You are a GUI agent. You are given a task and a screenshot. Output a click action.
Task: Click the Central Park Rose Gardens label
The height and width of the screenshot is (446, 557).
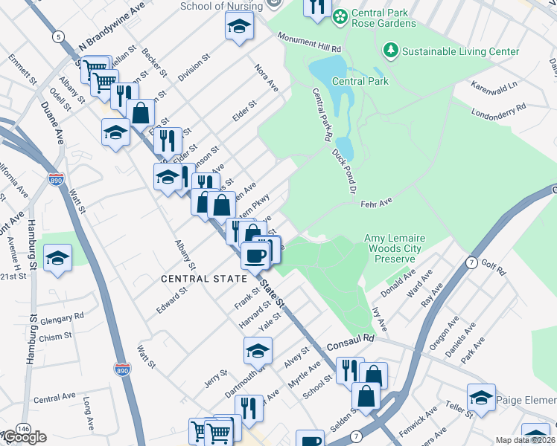coord(383,18)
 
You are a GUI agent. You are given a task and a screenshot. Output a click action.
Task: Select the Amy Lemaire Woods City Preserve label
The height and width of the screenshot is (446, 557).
coord(393,248)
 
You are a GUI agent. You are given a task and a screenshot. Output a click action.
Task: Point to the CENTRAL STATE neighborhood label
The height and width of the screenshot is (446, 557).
coord(204,279)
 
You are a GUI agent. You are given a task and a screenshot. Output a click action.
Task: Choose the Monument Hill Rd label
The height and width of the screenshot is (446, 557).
coord(309,42)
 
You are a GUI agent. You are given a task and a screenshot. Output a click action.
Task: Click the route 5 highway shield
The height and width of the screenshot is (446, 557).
coord(57,35)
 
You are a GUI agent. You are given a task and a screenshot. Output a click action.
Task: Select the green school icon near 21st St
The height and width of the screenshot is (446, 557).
coord(57,259)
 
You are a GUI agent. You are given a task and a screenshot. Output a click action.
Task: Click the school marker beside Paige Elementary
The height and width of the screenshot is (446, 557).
coord(481,398)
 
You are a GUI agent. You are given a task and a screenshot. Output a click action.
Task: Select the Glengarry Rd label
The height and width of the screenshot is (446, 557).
coord(63,318)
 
